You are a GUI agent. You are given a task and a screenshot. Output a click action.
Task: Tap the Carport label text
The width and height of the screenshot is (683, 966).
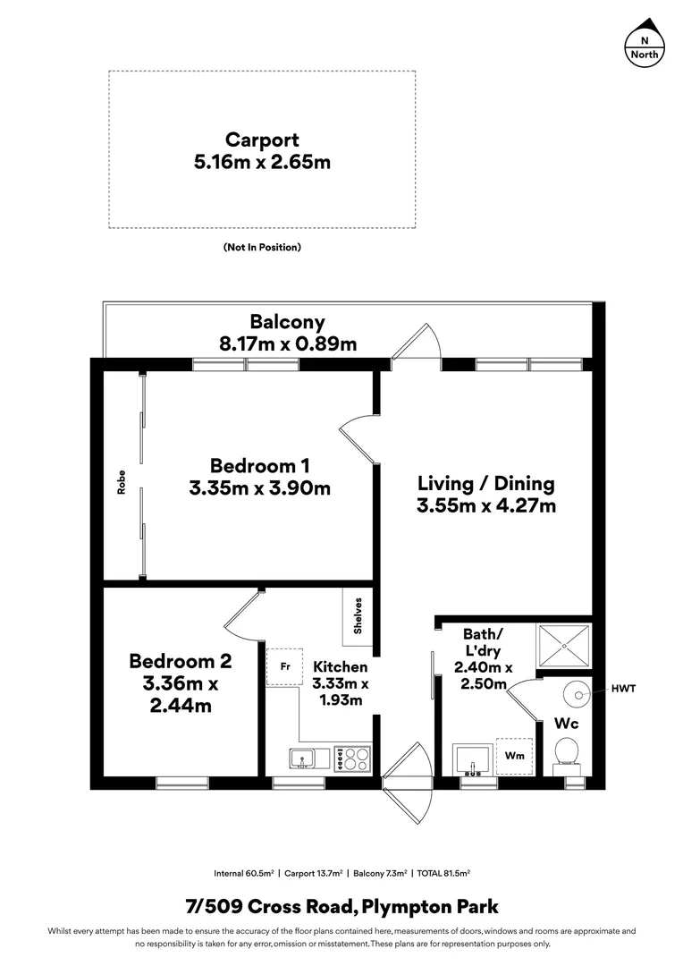(262, 140)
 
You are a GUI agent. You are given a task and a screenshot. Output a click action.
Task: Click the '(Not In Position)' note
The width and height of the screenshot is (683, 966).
(262, 247)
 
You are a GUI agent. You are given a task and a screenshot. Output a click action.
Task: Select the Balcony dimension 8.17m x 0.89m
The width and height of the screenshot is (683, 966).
(287, 343)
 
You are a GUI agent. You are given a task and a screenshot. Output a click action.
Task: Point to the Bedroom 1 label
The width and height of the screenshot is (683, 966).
(259, 466)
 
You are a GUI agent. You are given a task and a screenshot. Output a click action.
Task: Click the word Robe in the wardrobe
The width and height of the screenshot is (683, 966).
(121, 482)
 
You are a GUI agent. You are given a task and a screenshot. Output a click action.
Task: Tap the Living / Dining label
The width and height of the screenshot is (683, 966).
(485, 484)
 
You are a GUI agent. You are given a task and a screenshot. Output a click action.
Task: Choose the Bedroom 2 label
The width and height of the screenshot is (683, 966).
(180, 661)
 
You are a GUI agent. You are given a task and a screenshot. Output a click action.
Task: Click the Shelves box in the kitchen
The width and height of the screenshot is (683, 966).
(358, 614)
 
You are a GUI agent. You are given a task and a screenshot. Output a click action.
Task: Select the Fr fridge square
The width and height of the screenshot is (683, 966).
(284, 667)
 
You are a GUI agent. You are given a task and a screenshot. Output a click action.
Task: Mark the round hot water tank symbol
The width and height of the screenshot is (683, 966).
(579, 692)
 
